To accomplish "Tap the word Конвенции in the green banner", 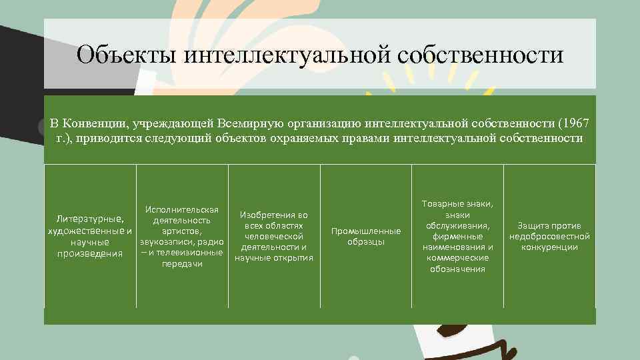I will click(x=97, y=123).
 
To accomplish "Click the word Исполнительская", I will click(x=181, y=211).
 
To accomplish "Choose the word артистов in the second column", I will click(x=181, y=231).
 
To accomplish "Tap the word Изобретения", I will click(x=274, y=215).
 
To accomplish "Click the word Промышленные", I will click(x=366, y=231).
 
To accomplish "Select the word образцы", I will click(x=366, y=241).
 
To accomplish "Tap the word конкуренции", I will click(x=550, y=247).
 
